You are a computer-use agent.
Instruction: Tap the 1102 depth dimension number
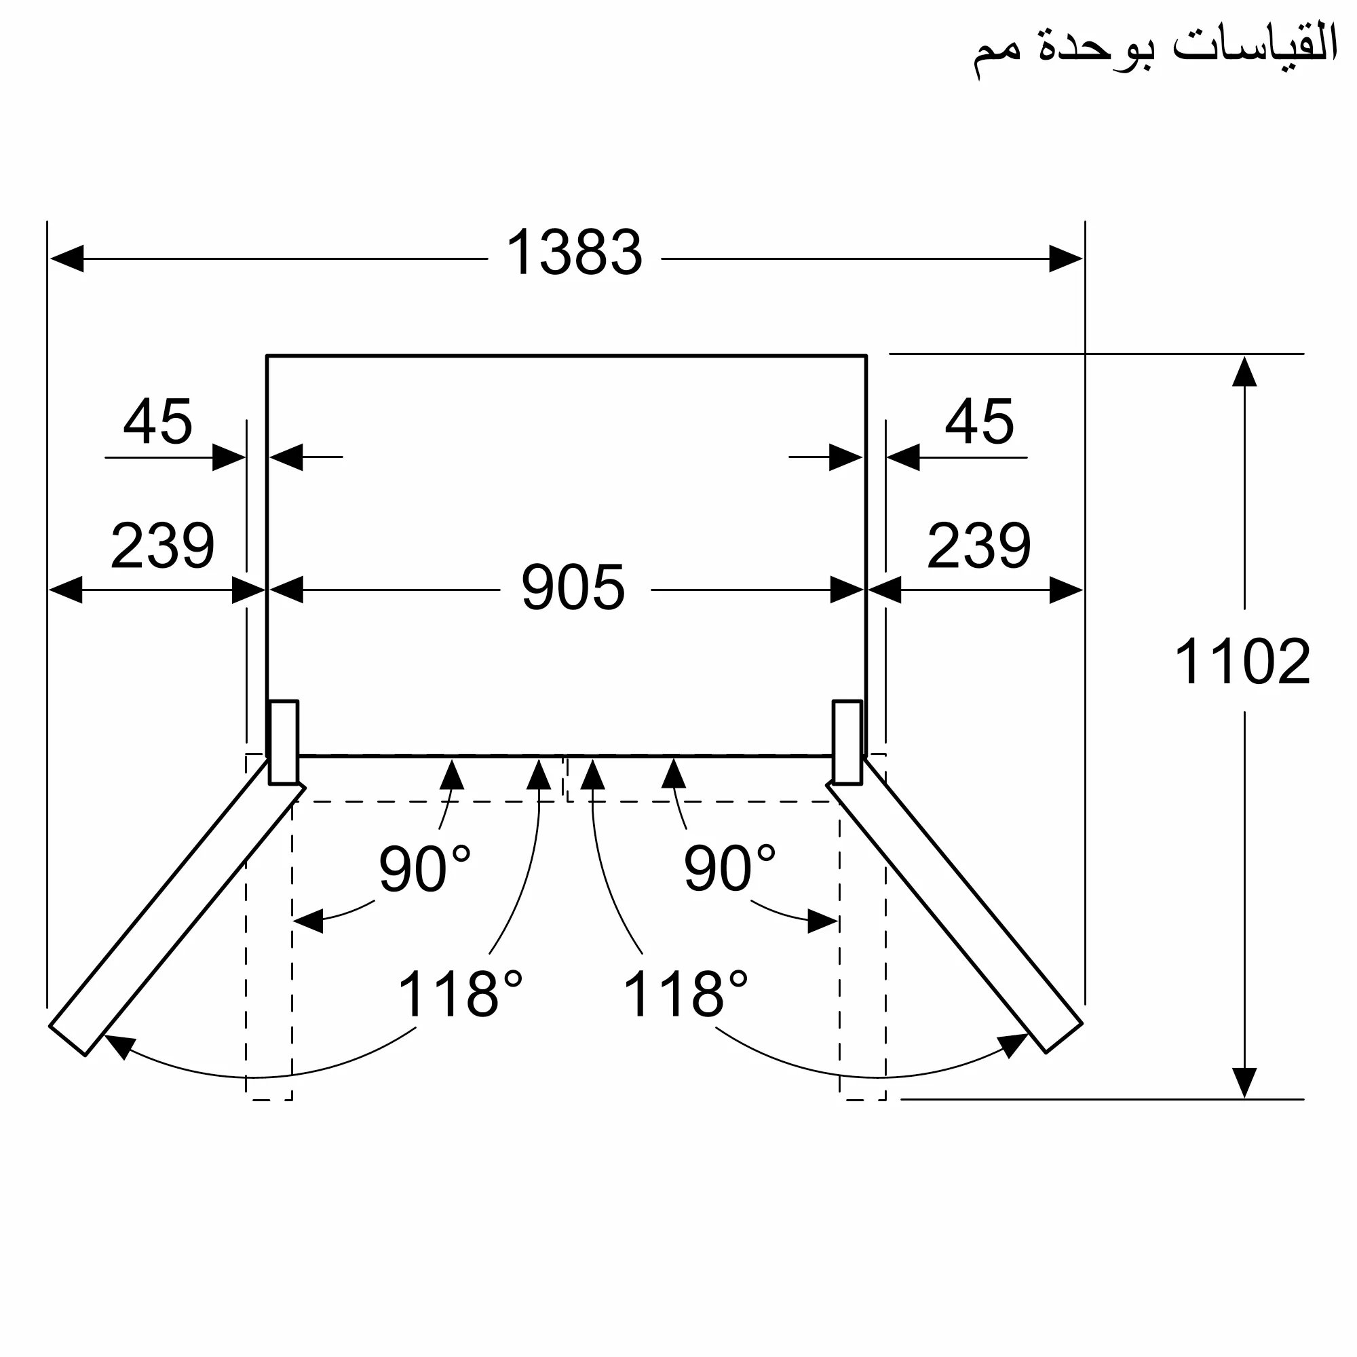click(x=1242, y=662)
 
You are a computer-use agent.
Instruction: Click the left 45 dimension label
click(x=158, y=422)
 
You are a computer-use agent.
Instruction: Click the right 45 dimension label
click(x=979, y=422)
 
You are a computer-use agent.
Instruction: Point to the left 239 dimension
click(x=162, y=546)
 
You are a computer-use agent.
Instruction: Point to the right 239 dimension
click(x=978, y=546)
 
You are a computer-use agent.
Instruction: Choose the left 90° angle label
click(x=424, y=870)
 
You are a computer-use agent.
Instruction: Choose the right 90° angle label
click(x=729, y=870)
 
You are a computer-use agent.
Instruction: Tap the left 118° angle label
click(x=460, y=995)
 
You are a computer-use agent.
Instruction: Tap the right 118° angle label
click(x=685, y=995)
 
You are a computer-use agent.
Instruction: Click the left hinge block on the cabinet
click(x=284, y=742)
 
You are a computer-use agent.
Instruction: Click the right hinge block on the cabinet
click(x=847, y=742)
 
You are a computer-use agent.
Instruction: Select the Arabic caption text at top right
click(x=1155, y=51)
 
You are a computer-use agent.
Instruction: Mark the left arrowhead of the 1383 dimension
click(x=66, y=259)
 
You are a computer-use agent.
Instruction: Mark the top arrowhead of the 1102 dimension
click(x=1244, y=372)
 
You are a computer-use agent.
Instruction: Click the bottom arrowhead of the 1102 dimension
click(x=1244, y=1082)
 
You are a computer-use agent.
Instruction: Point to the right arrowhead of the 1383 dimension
click(x=1065, y=259)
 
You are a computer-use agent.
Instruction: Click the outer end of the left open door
click(x=68, y=1039)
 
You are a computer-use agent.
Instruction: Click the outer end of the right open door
click(x=1063, y=1038)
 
